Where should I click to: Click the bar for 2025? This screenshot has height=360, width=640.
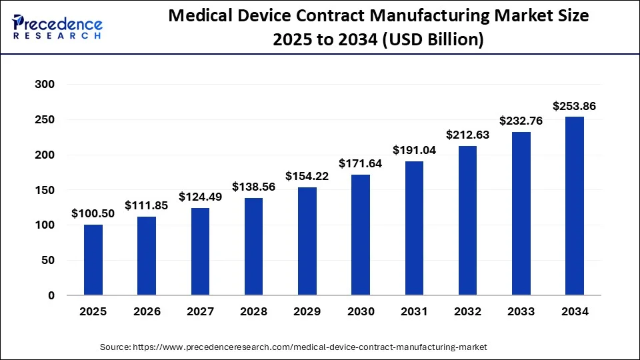tap(93, 260)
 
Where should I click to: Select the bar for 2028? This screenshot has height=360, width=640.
tap(254, 247)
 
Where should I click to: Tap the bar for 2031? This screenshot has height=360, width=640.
tap(414, 228)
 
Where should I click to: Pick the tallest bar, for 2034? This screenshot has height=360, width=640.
tap(575, 206)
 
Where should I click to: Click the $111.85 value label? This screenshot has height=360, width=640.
tap(147, 205)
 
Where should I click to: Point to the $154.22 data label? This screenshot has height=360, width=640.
tap(307, 175)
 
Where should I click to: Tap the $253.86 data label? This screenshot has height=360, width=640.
tap(575, 105)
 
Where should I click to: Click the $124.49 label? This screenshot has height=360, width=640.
tap(200, 197)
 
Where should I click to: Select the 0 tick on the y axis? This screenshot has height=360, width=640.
tap(50, 295)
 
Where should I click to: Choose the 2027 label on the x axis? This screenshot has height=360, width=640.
tap(200, 311)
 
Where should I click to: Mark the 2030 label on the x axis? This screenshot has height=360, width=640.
tap(361, 311)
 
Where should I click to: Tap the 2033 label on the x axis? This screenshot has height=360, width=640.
tap(521, 311)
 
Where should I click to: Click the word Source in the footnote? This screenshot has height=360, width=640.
tap(115, 347)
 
